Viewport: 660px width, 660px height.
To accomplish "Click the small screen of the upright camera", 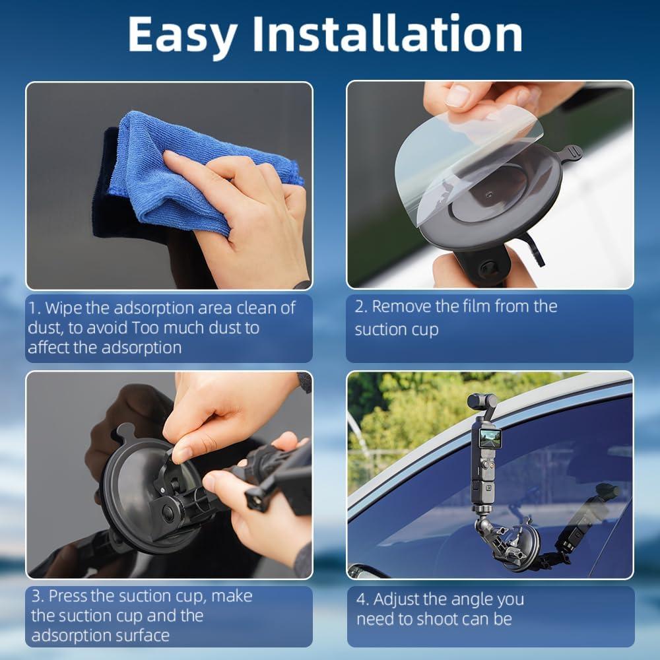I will [x=488, y=438].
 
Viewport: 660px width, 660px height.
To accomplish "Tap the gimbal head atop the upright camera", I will [x=482, y=403].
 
